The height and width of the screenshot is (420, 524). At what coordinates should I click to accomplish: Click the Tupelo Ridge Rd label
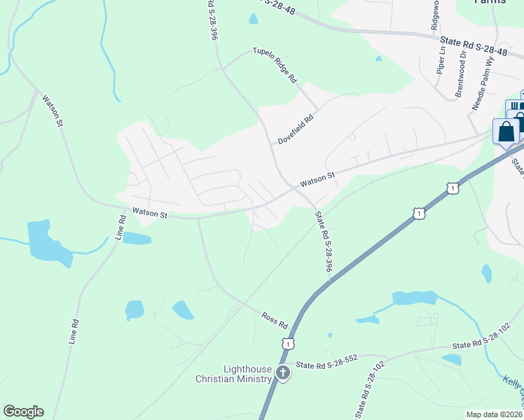pyautogui.click(x=275, y=66)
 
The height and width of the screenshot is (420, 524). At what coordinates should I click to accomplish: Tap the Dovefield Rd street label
pyautogui.click(x=295, y=129)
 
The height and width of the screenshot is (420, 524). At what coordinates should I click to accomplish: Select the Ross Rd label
pyautogui.click(x=275, y=321)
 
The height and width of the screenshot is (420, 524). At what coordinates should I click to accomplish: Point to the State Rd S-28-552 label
pyautogui.click(x=326, y=362)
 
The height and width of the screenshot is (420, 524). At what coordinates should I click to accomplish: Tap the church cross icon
pyautogui.click(x=283, y=372)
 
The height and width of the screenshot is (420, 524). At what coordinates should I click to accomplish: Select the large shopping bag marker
pyautogui.click(x=506, y=132)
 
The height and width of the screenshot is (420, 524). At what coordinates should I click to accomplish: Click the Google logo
pyautogui.click(x=23, y=412)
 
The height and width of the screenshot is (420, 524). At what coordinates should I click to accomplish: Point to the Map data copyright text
pyautogui.click(x=495, y=414)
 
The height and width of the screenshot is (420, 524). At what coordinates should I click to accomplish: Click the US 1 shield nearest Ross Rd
pyautogui.click(x=288, y=343)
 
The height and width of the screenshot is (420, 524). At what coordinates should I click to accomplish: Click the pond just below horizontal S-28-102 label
pyautogui.click(x=453, y=360)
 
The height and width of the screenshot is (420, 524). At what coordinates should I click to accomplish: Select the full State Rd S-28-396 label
pyautogui.click(x=323, y=241)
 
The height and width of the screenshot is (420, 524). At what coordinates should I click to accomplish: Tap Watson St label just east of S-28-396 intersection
pyautogui.click(x=318, y=180)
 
